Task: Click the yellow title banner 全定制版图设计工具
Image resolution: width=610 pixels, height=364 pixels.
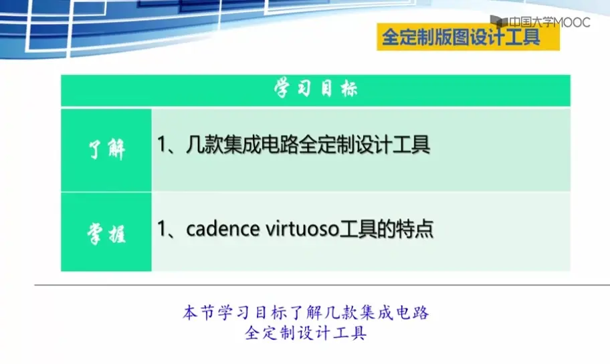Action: point(468,37)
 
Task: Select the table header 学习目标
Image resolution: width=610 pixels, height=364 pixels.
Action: point(316,88)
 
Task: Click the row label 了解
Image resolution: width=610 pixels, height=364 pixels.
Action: point(106,149)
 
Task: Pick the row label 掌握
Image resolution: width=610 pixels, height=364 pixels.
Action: point(106,234)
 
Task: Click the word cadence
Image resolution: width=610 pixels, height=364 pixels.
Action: point(223,229)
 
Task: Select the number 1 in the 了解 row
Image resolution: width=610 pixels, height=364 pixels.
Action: point(161,145)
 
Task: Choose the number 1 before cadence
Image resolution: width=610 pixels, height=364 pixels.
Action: point(161,229)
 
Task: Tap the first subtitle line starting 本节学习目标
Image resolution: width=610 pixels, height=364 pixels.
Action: point(306,312)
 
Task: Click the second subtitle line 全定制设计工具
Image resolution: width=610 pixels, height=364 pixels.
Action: point(306,333)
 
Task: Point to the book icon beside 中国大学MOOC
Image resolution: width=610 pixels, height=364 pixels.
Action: point(499,21)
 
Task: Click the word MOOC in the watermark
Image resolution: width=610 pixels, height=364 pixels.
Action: point(571,23)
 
